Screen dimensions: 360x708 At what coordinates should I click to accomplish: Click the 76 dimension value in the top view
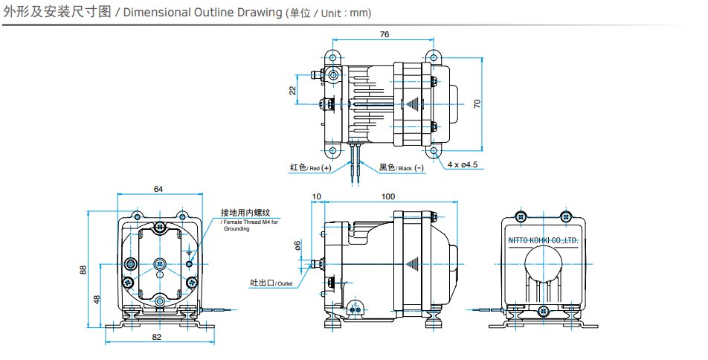point(384,34)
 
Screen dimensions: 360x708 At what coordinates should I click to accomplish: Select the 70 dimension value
point(477,104)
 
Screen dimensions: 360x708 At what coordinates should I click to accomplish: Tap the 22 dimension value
point(292,90)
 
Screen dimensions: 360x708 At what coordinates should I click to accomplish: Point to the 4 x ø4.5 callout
point(462,164)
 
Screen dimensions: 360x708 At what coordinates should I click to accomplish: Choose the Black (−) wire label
point(402,168)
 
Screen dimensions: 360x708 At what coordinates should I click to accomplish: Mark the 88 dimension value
point(83,269)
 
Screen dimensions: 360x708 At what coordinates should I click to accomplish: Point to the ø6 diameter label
point(297,245)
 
